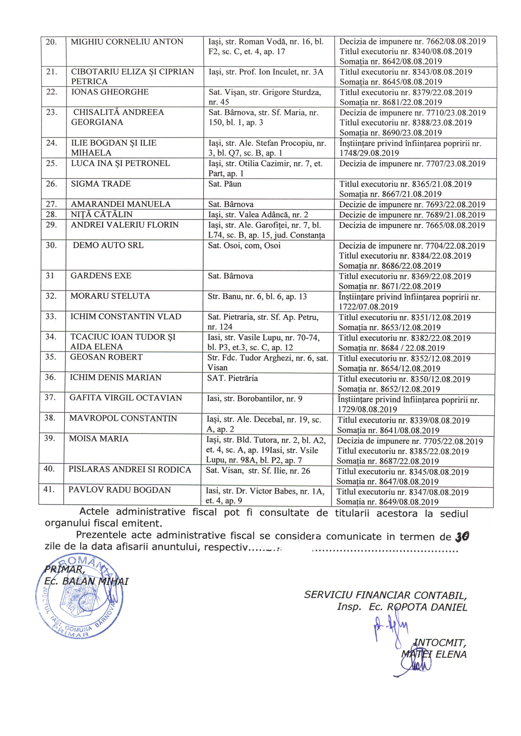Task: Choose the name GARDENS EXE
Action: pos(101,276)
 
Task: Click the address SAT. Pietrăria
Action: pos(232,378)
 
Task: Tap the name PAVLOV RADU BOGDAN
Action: pos(119,490)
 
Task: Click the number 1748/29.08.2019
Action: pos(369,153)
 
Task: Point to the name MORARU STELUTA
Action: pos(110,296)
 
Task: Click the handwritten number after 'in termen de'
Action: pos(462,536)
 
